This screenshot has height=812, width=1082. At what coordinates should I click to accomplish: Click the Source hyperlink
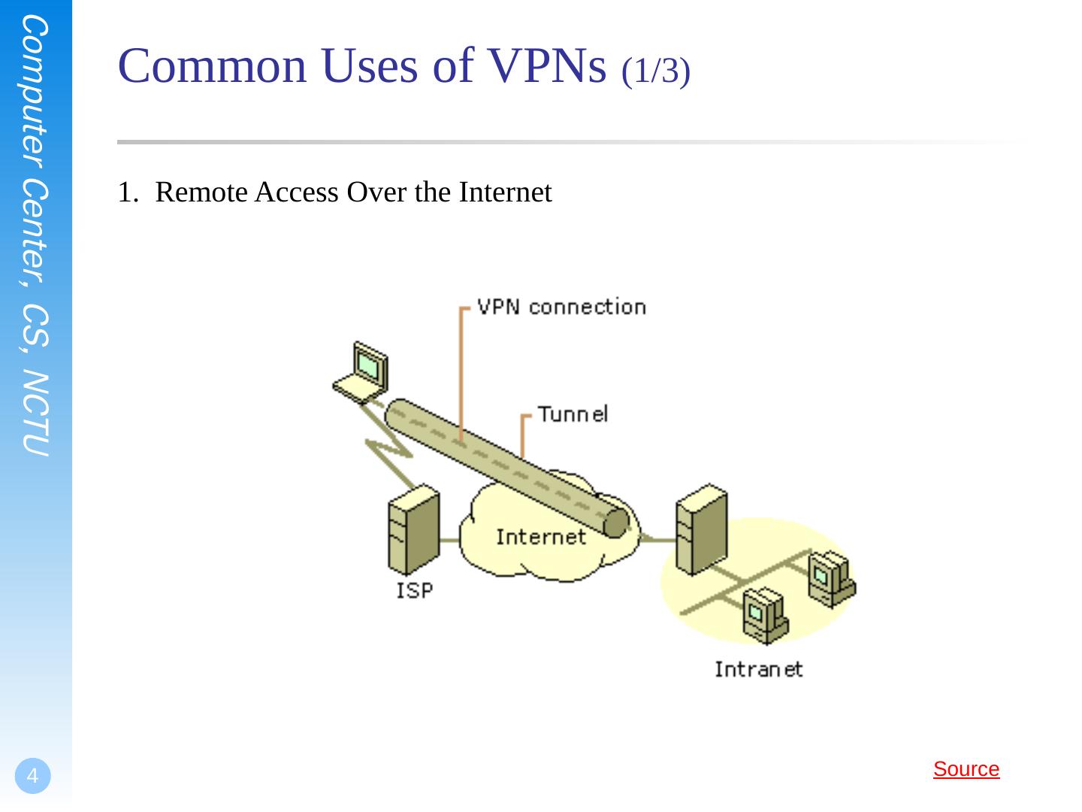pyautogui.click(x=966, y=769)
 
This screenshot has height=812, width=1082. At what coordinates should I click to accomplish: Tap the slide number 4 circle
pyautogui.click(x=32, y=776)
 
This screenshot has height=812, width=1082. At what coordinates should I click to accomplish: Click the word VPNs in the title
pyautogui.click(x=548, y=66)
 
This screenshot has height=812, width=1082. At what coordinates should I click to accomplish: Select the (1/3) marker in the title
pyautogui.click(x=656, y=71)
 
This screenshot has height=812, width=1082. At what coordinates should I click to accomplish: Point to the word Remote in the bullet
pyautogui.click(x=201, y=193)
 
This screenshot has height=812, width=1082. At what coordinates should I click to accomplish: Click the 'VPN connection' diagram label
pyautogui.click(x=561, y=307)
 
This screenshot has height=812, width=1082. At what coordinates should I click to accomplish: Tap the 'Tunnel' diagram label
pyautogui.click(x=573, y=414)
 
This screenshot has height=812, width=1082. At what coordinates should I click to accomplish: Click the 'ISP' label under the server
pyautogui.click(x=415, y=591)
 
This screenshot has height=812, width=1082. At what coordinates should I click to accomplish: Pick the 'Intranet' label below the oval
pyautogui.click(x=758, y=669)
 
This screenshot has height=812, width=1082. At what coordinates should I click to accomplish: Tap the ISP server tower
pyautogui.click(x=413, y=531)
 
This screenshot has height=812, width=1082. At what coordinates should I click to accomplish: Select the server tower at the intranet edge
pyautogui.click(x=700, y=529)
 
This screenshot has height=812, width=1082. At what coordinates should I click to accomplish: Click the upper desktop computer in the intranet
pyautogui.click(x=830, y=577)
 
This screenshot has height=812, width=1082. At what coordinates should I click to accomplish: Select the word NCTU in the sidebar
pyautogui.click(x=35, y=414)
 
